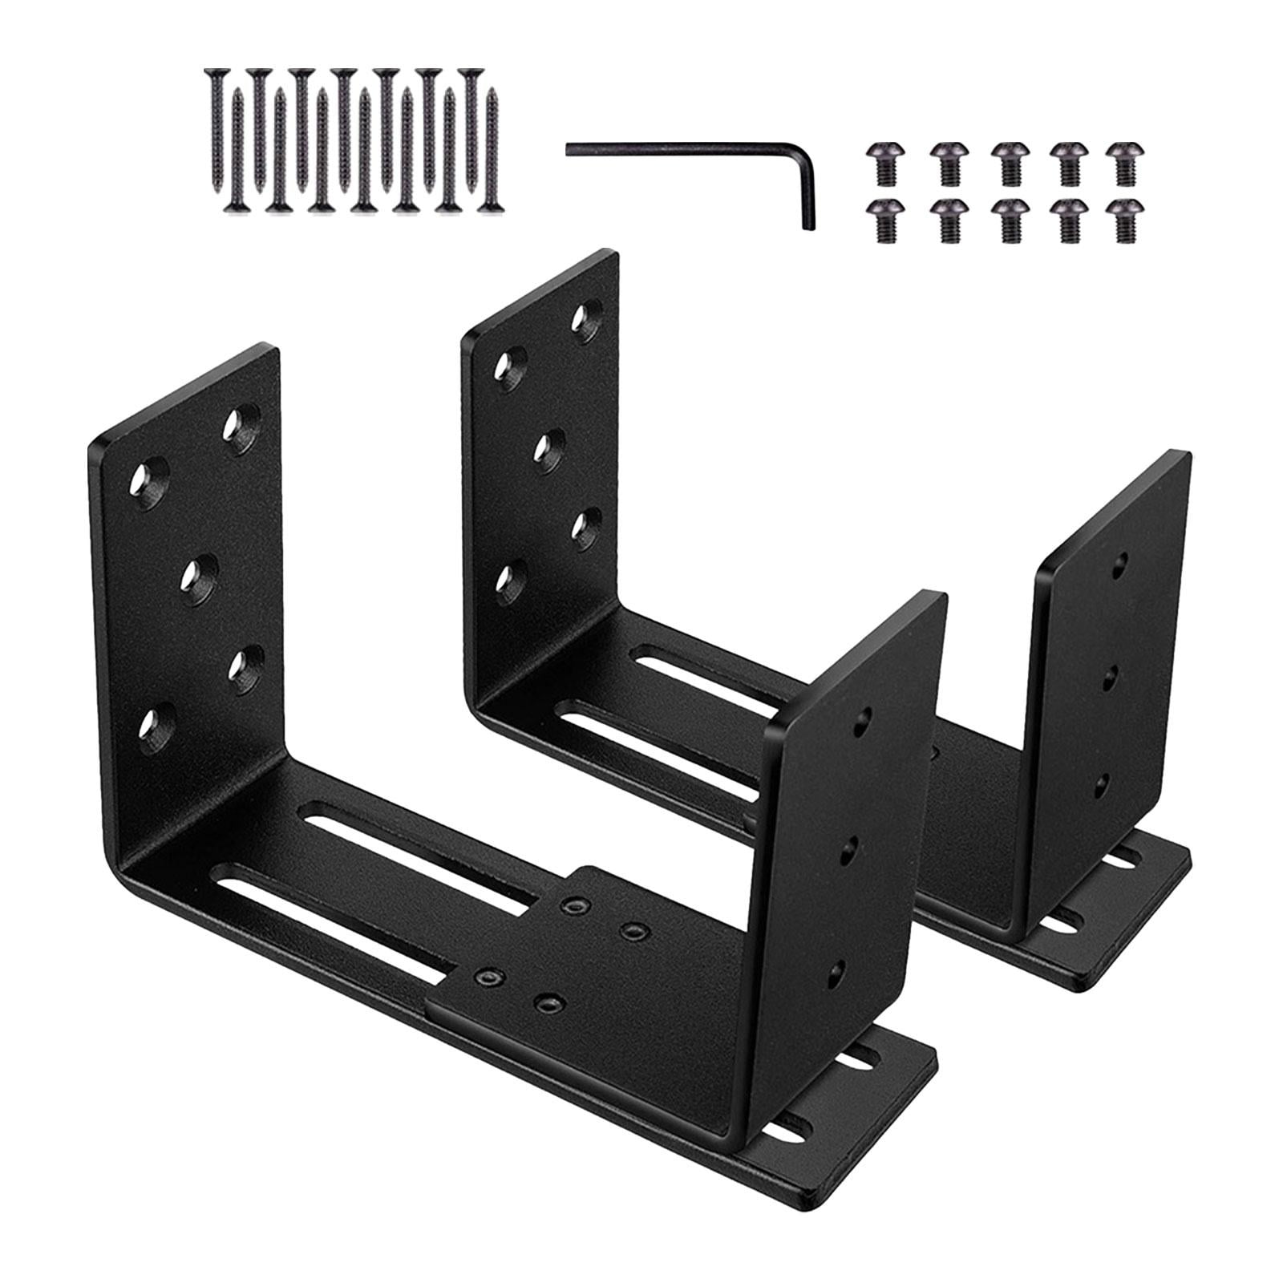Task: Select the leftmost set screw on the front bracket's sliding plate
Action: point(484,977)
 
